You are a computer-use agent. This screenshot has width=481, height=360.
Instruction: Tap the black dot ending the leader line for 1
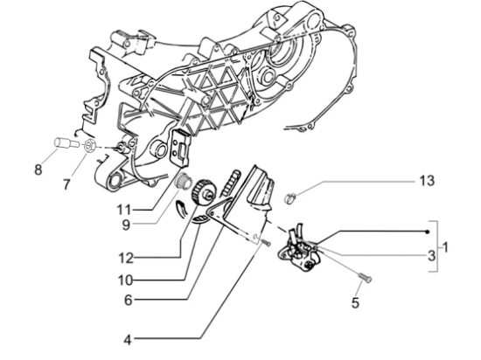[x=426, y=231]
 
